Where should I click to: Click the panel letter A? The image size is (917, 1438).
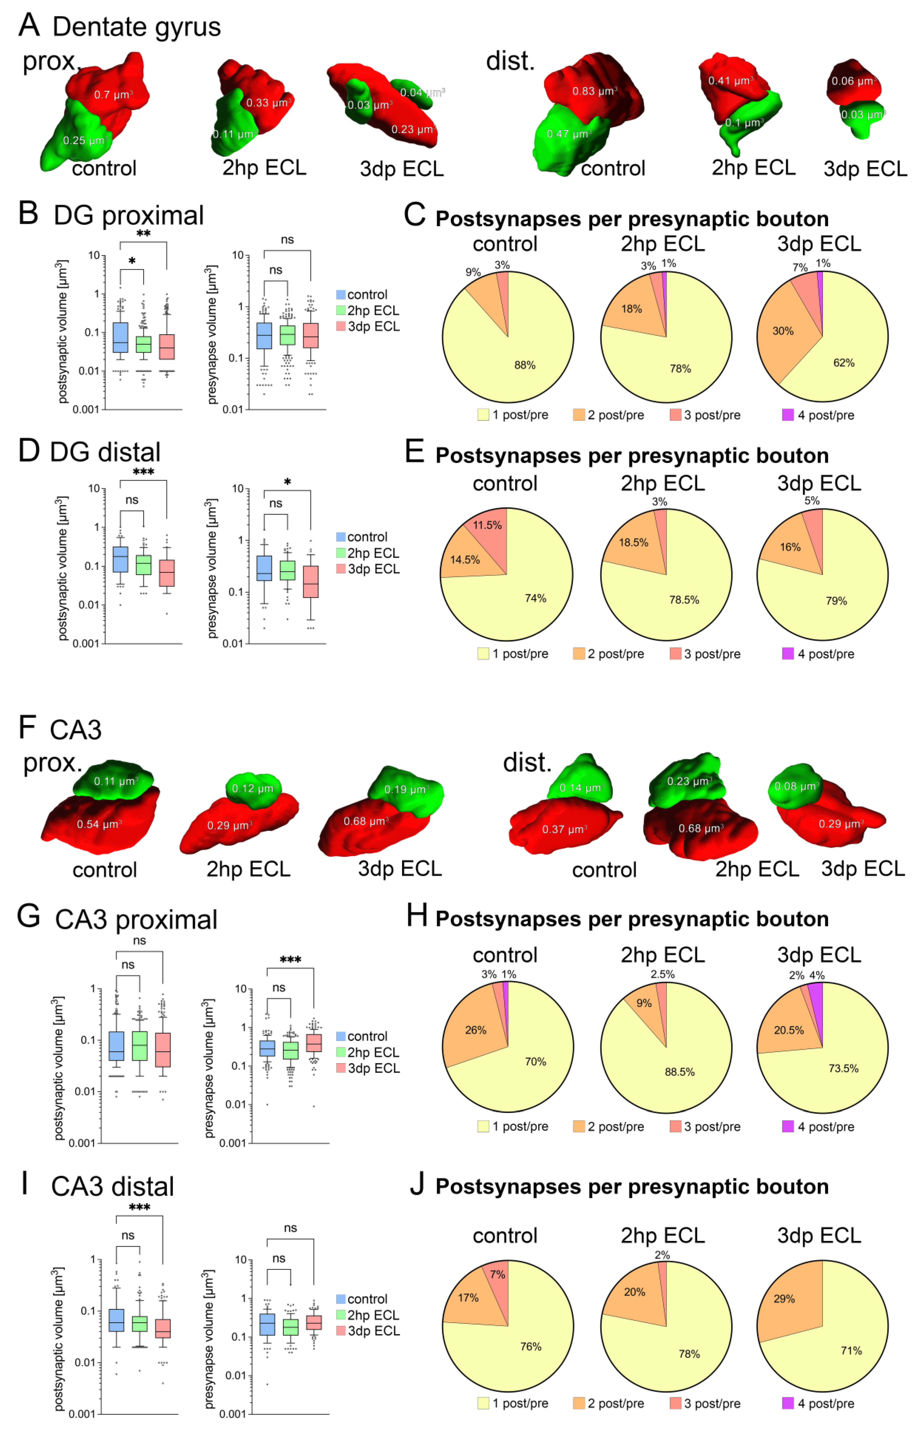pyautogui.click(x=29, y=25)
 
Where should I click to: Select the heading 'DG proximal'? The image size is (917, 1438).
pyautogui.click(x=128, y=215)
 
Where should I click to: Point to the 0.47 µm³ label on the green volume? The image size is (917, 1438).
pyautogui.click(x=568, y=134)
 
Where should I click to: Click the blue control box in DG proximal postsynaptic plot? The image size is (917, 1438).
pyautogui.click(x=120, y=337)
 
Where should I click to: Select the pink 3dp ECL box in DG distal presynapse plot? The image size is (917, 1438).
pyautogui.click(x=310, y=581)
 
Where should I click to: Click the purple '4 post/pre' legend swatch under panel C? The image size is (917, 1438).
pyautogui.click(x=787, y=415)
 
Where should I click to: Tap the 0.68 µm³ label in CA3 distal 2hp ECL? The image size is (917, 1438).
pyautogui.click(x=701, y=828)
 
